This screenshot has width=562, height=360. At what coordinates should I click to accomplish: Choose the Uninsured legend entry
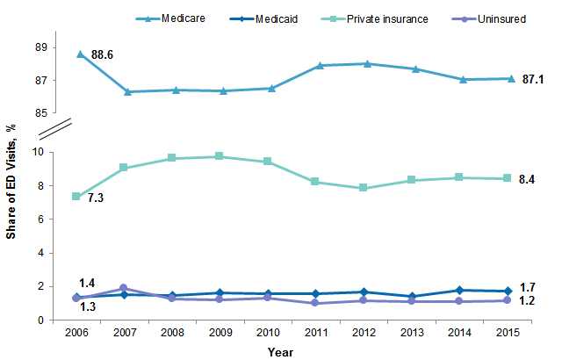(x=502, y=18)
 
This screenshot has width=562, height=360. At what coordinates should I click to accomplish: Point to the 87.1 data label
(x=534, y=79)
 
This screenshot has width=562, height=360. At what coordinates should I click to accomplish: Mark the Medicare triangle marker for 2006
(x=81, y=54)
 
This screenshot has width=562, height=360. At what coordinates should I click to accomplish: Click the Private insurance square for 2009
(x=220, y=156)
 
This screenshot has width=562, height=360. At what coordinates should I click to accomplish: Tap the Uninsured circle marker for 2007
(x=124, y=288)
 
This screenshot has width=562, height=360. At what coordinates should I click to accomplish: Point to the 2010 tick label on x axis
(x=267, y=333)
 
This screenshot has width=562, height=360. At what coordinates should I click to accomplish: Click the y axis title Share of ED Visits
(x=12, y=181)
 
